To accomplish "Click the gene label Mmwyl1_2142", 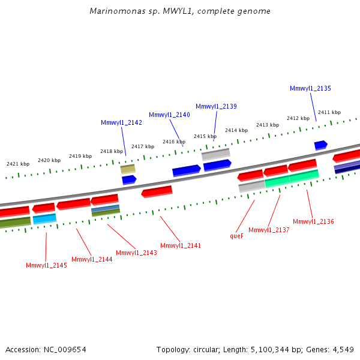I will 121,122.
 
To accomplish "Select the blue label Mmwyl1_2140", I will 169,115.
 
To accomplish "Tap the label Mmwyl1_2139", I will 216,106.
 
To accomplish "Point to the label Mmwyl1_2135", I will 310,88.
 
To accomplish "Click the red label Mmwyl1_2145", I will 46,265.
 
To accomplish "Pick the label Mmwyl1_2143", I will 136,253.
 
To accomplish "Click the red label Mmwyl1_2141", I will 181,245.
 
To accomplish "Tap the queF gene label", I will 236,236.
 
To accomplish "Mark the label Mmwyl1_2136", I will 313,221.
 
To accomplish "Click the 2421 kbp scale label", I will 18,164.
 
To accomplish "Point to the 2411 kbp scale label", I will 329,112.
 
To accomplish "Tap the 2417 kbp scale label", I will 143,146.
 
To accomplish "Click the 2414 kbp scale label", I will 236,130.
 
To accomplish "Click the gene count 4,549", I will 341,349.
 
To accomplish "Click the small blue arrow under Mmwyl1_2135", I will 320,145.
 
